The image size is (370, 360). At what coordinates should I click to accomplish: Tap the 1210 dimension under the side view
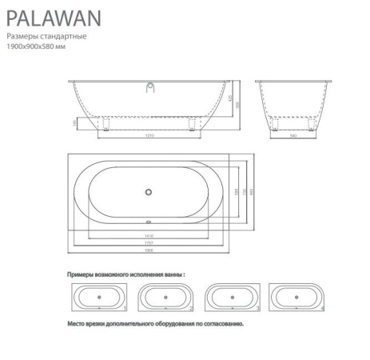tap(149, 134)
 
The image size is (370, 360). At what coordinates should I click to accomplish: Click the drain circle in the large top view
tap(148, 190)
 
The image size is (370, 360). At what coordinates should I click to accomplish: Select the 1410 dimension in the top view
tap(149, 235)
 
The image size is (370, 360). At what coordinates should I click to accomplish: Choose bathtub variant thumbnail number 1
tap(97, 298)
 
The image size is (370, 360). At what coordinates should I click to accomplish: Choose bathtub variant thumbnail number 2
tap(164, 298)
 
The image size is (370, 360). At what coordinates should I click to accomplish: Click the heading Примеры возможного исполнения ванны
tap(125, 274)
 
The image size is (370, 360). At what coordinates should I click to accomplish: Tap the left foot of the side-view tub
tap(103, 122)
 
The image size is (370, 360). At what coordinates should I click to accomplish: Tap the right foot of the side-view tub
tap(195, 122)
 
